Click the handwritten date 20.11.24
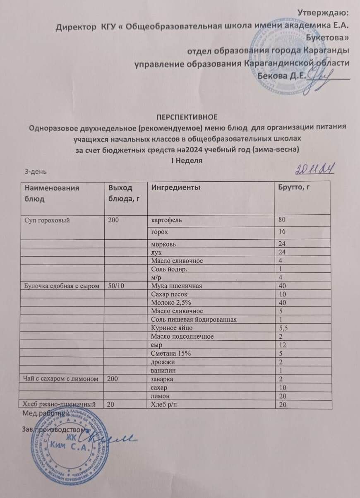click(314, 169)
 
